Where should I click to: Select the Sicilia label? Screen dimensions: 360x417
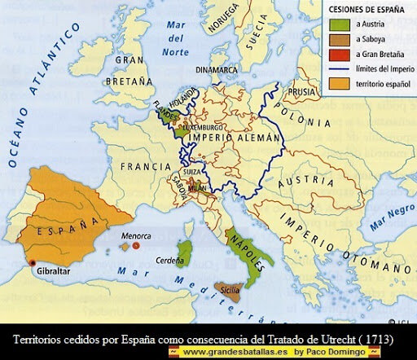click(x=231, y=288)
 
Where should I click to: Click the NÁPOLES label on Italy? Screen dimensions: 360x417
click(x=251, y=243)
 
